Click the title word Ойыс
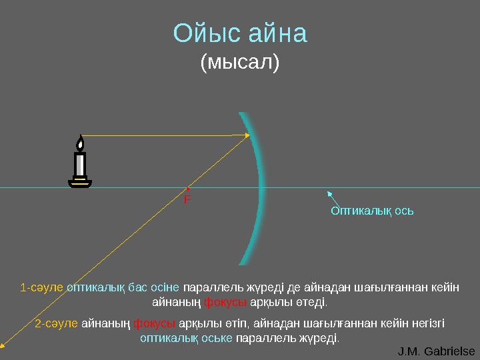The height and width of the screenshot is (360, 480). click(x=203, y=33)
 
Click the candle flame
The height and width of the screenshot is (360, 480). click(x=80, y=143)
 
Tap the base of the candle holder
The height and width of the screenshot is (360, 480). click(x=80, y=183)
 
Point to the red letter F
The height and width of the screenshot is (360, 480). click(x=187, y=199)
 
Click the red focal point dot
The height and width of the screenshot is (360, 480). click(x=189, y=188)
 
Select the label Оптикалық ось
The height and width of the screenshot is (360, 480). click(x=372, y=211)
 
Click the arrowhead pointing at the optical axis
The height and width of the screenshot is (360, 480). click(x=329, y=193)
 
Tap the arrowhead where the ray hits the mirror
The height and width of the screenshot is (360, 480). click(x=247, y=135)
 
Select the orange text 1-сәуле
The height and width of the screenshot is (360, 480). click(x=42, y=288)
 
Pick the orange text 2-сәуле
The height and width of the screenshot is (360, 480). click(x=57, y=323)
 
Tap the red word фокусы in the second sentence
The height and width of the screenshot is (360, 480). click(x=154, y=323)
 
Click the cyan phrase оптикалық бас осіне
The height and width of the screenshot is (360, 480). click(x=123, y=288)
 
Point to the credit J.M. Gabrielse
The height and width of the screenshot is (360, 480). click(x=436, y=351)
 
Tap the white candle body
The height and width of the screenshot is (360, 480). click(x=80, y=163)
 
